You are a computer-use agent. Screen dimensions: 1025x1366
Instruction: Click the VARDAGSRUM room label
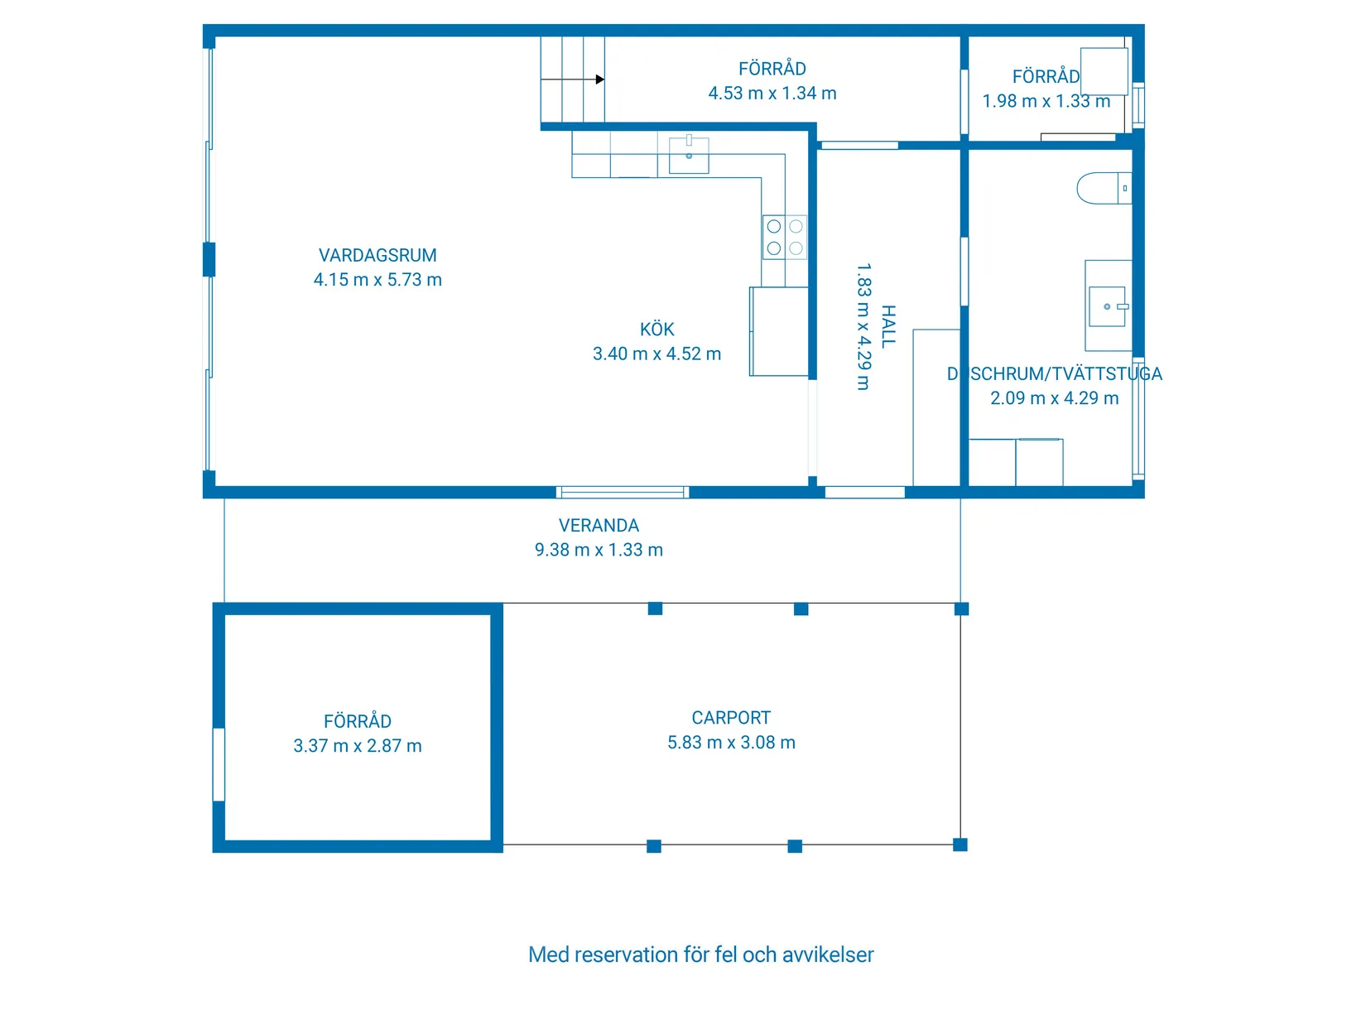point(378,255)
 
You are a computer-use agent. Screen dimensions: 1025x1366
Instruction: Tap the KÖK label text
point(657,330)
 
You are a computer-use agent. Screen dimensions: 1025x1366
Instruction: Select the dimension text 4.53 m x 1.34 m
point(772,94)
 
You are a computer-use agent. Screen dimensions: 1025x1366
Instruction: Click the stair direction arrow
point(599,79)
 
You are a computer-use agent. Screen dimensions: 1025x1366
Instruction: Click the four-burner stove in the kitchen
point(784,237)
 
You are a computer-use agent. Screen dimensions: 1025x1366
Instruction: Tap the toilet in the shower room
point(1102,189)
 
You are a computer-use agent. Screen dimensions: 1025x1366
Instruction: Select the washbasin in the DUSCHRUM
point(1108,306)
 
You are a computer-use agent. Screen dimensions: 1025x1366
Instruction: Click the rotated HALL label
point(888,326)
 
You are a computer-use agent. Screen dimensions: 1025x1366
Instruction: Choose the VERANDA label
point(599,526)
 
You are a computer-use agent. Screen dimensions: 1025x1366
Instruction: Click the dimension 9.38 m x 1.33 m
point(599,550)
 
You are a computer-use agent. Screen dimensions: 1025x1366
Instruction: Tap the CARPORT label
point(731,718)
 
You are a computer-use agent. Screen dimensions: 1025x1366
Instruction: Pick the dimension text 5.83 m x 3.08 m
point(731,743)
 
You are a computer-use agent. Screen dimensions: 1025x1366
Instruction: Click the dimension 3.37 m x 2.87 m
point(358,746)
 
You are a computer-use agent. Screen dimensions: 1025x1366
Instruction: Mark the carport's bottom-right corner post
point(960,845)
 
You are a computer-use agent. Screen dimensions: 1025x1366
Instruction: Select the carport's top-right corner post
point(961,609)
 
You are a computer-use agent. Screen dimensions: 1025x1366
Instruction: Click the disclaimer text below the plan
point(700,955)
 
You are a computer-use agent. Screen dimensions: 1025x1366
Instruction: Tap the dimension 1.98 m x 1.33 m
point(1046,101)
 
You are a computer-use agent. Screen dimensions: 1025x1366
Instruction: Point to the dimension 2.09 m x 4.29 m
point(1054,398)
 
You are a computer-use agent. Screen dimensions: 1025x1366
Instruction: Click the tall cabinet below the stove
point(779,331)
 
